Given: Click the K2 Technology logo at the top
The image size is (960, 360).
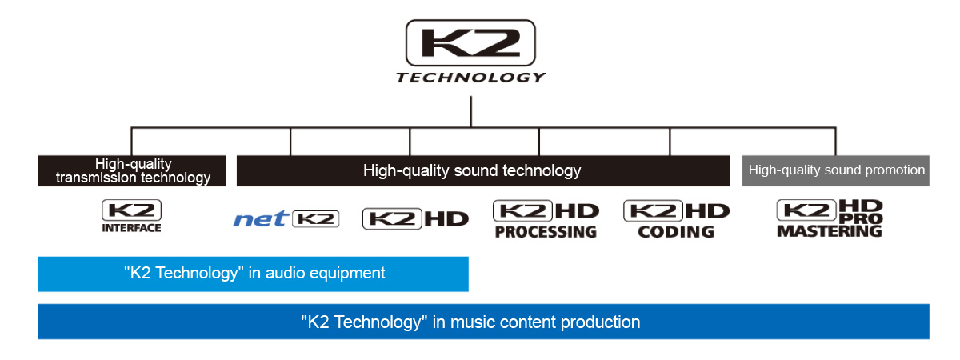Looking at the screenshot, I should pos(470,42).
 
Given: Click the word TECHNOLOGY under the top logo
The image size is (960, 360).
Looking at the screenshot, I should pos(470,78).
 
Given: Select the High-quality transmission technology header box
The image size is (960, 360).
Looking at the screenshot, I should pos(132,170).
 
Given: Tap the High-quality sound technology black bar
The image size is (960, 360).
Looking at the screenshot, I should pos(482,170).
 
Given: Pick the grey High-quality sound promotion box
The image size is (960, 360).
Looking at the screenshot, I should pos(836,170).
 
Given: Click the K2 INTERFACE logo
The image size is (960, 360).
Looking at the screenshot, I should pos(131,217).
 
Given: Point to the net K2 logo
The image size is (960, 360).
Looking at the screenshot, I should pos(286,218).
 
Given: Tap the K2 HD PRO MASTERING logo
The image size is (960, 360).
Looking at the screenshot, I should pos(830,218).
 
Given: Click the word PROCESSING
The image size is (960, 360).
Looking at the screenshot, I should pos(546,232).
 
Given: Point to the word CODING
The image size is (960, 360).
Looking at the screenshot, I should pos(676,232).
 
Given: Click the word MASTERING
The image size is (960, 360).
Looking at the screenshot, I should pos(830,231).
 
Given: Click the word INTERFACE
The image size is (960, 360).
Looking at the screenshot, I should pos(131,228).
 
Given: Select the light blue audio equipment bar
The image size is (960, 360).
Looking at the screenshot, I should pos(253,274).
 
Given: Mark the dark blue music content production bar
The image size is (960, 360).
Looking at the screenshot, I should pos(482,322).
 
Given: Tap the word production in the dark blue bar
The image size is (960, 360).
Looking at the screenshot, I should pos(599,322).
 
